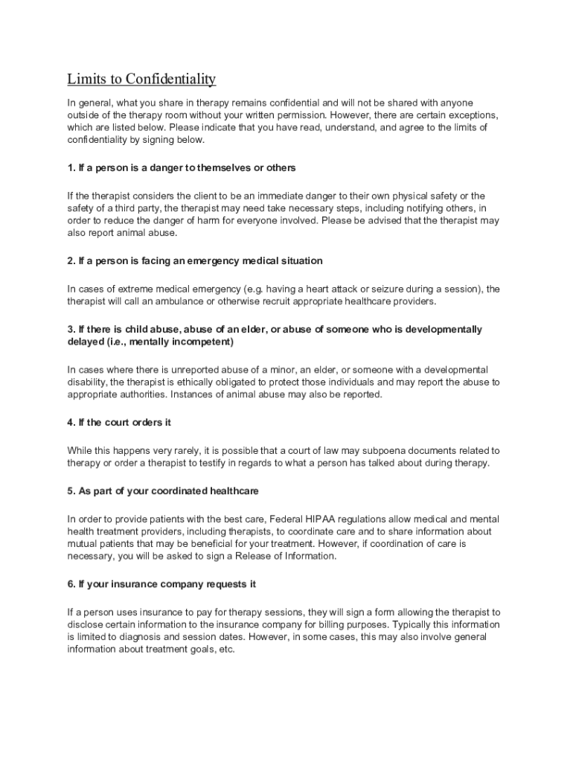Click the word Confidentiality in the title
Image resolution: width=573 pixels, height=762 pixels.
click(x=170, y=79)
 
